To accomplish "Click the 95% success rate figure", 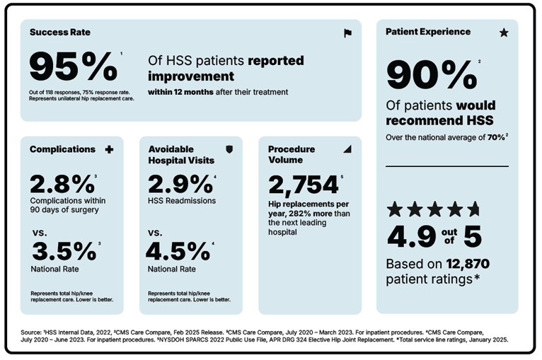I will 73,68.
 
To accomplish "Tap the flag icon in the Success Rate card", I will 347,33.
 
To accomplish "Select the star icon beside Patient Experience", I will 504,33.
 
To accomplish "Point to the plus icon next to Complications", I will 109,149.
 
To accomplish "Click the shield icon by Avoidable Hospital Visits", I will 228,149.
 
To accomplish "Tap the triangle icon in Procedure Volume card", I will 347,149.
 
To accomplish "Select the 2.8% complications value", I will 62,184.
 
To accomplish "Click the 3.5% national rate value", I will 63,251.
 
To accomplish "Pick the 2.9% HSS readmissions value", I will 180,184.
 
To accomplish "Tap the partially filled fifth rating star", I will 473,209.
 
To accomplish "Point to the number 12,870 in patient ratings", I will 468,264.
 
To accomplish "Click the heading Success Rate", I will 60,33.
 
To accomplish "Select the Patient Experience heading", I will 428,32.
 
